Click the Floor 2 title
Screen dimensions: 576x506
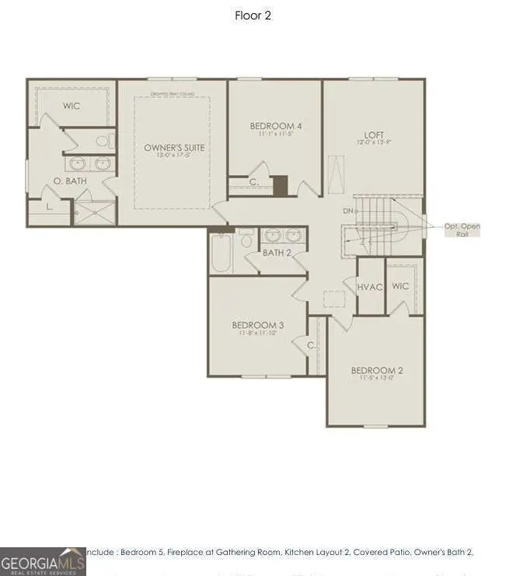(x=253, y=16)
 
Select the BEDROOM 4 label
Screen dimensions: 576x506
(x=275, y=126)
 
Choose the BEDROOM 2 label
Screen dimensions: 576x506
(x=376, y=370)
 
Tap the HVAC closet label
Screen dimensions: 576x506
(x=370, y=287)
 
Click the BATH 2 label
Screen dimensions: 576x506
(x=277, y=253)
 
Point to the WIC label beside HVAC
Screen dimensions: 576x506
(x=400, y=286)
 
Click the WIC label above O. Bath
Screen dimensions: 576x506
(x=72, y=106)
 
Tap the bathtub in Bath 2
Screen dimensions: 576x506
(x=220, y=253)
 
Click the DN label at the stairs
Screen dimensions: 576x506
(x=347, y=211)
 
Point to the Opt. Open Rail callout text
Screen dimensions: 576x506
(x=462, y=229)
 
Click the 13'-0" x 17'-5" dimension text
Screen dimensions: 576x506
(x=173, y=155)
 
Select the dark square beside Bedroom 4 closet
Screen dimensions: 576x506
(x=280, y=186)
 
